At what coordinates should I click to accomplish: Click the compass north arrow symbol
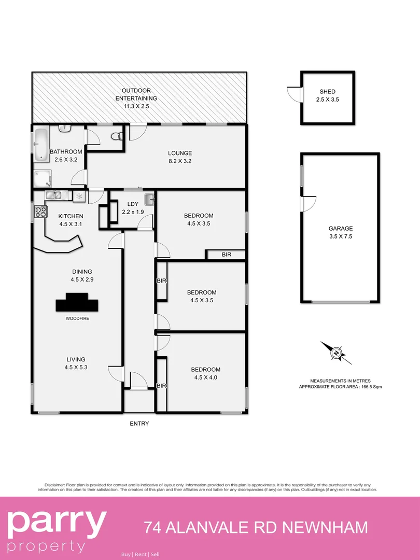coord(336,353)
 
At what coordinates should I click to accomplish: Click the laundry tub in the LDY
coord(149,199)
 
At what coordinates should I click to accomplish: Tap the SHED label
coord(328,92)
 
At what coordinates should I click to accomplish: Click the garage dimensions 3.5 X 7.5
coord(340,236)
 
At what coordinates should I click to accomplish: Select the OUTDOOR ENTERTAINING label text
coord(136,94)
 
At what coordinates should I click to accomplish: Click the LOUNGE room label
coord(180,153)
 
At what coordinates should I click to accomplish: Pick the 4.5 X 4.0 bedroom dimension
coord(205,377)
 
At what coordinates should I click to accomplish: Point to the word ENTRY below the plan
coord(139,424)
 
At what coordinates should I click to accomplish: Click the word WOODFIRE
coord(77,318)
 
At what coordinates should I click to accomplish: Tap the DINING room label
coord(82,271)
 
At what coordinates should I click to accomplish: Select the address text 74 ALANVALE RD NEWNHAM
coord(256,528)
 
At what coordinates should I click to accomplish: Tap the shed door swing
coord(294,93)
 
